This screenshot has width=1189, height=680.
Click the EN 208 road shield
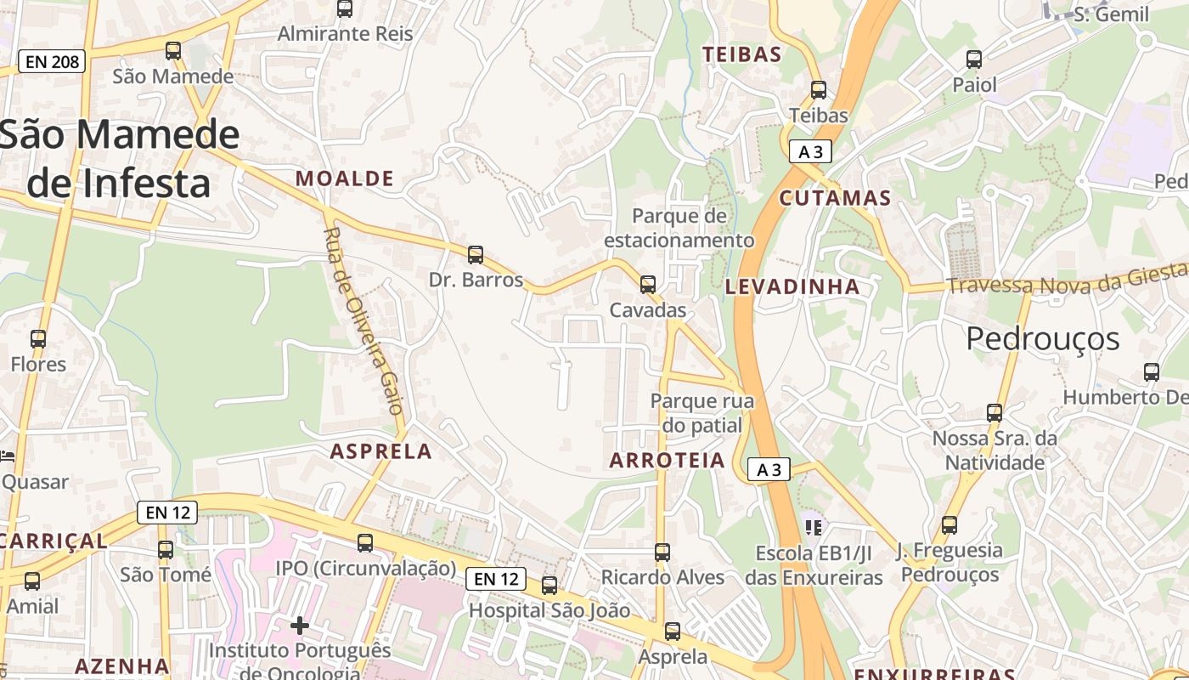point(52,61)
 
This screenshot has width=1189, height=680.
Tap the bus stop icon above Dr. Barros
point(476,254)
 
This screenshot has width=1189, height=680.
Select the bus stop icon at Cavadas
point(648,285)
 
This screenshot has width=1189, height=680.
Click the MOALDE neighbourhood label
point(345,178)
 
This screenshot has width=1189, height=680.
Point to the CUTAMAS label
point(835,199)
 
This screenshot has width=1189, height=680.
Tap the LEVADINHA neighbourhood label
point(792,287)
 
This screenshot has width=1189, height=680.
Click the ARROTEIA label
point(668,461)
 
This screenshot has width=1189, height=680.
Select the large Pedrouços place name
point(1043,339)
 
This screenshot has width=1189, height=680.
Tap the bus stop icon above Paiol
point(974,59)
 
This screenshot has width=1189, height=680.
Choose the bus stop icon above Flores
point(38,339)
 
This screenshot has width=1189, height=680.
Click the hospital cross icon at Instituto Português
point(300,626)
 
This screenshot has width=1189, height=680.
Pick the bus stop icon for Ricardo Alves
point(662,552)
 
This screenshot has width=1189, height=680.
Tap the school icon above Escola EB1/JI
point(814,528)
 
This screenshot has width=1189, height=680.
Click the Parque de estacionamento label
point(679,228)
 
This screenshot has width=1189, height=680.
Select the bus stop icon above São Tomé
point(166,550)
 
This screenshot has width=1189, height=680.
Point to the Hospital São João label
point(549,610)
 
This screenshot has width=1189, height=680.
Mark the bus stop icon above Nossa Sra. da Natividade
point(995,413)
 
